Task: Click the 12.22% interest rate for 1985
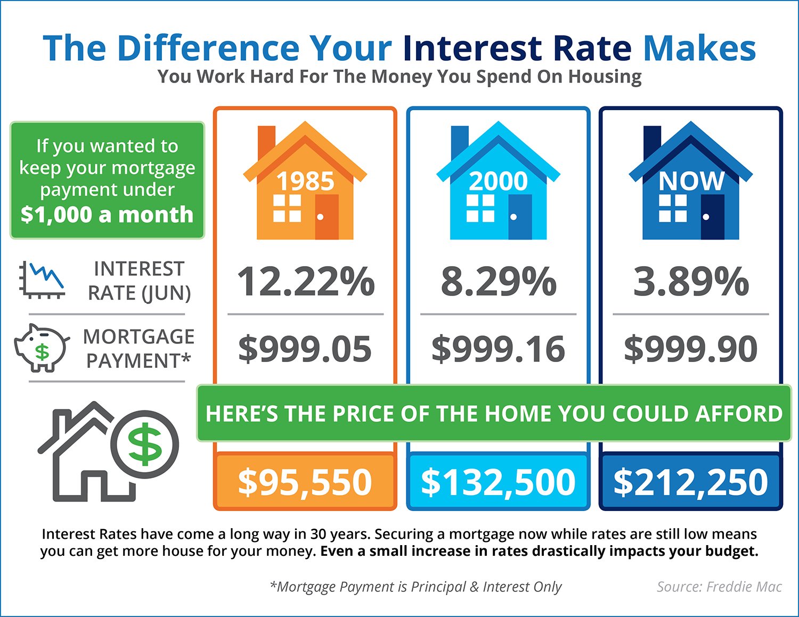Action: [305, 281]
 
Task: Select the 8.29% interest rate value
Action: [498, 281]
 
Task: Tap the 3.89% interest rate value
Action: [691, 281]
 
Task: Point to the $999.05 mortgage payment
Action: [305, 349]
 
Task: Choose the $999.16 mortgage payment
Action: [498, 349]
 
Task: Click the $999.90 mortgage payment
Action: [691, 349]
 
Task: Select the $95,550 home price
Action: [305, 482]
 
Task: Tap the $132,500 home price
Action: [498, 482]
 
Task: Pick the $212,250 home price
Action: [691, 482]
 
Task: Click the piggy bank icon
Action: [42, 348]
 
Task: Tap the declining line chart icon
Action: [42, 280]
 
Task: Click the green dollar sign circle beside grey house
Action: [145, 445]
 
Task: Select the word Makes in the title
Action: [699, 48]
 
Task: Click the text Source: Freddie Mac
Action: [719, 587]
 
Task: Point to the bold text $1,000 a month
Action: [107, 215]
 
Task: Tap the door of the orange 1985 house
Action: [327, 216]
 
